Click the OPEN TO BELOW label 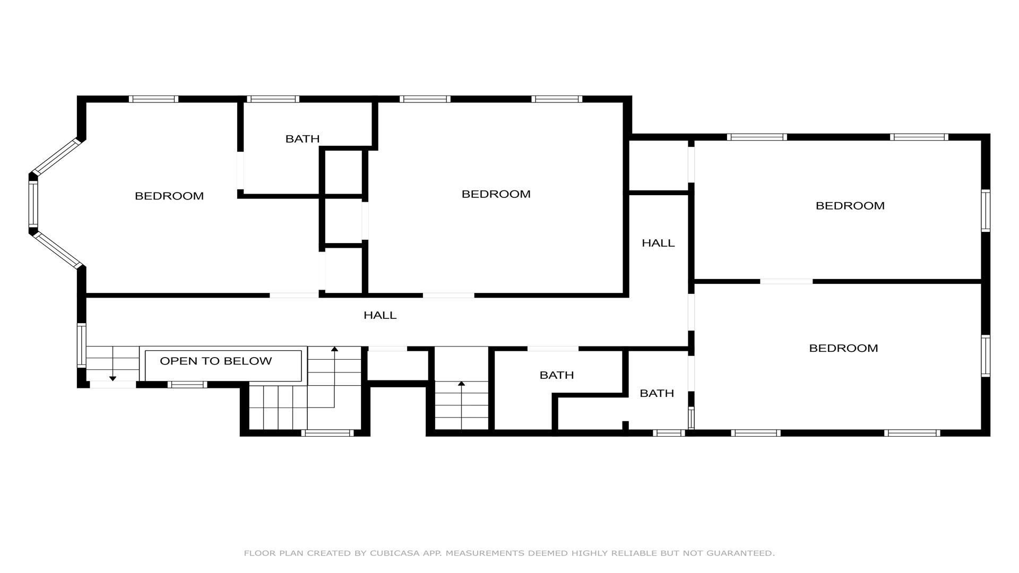click(x=215, y=361)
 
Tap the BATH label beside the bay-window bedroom click(x=303, y=139)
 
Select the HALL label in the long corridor click(x=380, y=315)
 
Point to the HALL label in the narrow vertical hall click(x=658, y=243)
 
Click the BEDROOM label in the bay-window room click(x=169, y=196)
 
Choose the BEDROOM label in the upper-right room click(x=850, y=206)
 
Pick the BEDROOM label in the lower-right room click(x=843, y=348)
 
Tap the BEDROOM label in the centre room click(x=496, y=194)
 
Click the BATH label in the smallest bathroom click(x=657, y=393)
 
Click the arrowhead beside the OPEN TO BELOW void click(x=334, y=349)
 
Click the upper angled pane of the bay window click(x=57, y=157)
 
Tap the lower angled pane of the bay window click(x=57, y=250)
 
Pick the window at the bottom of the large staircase click(x=327, y=433)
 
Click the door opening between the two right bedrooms click(x=786, y=281)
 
